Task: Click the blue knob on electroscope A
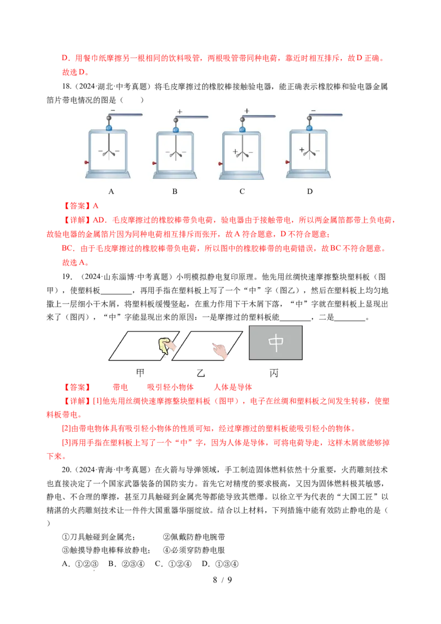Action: (x=109, y=127)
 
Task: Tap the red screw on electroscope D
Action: (x=287, y=162)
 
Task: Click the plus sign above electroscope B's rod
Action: (x=180, y=112)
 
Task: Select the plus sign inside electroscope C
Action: (x=235, y=152)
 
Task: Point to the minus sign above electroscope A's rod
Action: (x=113, y=110)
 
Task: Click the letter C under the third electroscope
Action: (x=242, y=191)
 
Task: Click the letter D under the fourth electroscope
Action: (x=310, y=191)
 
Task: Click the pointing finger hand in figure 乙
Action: (x=219, y=351)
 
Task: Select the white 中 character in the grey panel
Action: (x=276, y=343)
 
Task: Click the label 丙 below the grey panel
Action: (x=274, y=373)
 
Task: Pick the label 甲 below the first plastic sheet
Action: (x=140, y=373)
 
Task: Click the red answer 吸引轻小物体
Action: (x=170, y=387)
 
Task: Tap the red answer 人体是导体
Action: (x=233, y=387)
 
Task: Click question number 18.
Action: (x=67, y=87)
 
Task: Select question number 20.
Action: (x=67, y=470)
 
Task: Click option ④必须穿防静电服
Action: (x=194, y=550)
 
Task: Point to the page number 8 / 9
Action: (x=222, y=580)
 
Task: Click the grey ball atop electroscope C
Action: (x=243, y=118)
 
